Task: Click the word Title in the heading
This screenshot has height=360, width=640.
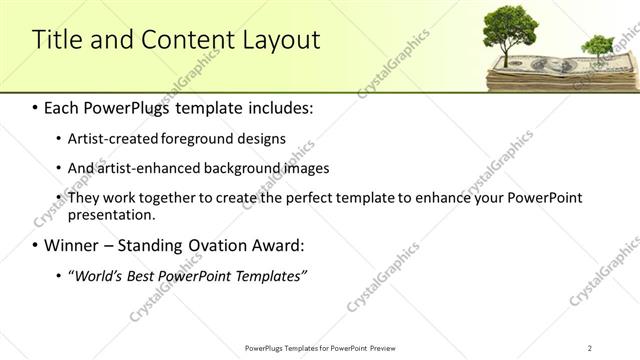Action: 57,40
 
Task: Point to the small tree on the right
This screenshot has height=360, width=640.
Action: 597,47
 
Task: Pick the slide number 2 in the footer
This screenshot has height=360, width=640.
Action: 589,347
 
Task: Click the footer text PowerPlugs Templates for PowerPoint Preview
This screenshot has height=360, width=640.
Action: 319,347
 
